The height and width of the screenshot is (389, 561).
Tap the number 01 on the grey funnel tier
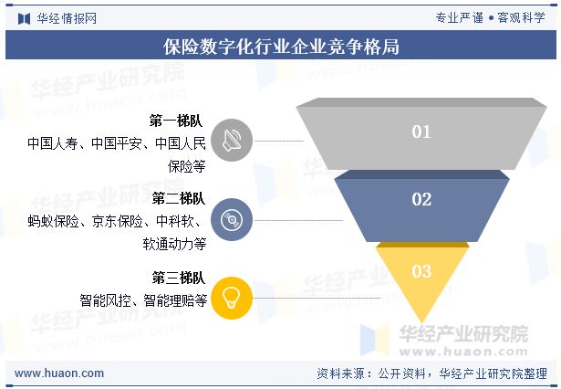421,131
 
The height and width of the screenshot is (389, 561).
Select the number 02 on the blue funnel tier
421,199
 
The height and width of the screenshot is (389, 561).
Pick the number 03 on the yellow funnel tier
421,271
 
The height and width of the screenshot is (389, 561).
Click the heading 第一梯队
180,121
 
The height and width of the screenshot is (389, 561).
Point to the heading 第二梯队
180,198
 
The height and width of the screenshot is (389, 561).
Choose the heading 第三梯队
180,278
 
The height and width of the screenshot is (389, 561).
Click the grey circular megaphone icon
232,142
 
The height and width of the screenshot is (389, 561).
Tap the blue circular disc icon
232,219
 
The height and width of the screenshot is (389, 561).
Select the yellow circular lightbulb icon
232,297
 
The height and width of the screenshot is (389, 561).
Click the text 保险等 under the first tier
186,166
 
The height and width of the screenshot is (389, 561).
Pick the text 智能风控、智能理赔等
143,299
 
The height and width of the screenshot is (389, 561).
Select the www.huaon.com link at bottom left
60,373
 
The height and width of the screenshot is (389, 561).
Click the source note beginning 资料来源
431,373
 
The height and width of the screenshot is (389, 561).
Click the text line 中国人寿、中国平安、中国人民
117,143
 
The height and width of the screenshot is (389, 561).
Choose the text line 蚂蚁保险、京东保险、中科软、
117,220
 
